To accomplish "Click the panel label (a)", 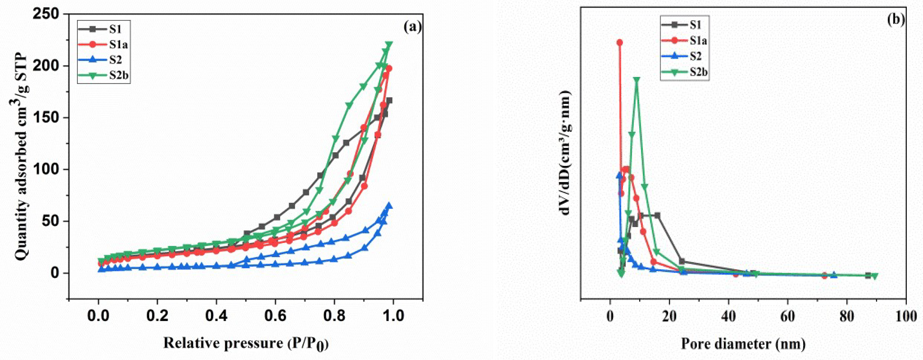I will pyautogui.click(x=412, y=27).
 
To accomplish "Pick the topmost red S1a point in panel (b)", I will pyautogui.click(x=620, y=43).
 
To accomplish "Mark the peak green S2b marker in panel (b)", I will pyautogui.click(x=637, y=80).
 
